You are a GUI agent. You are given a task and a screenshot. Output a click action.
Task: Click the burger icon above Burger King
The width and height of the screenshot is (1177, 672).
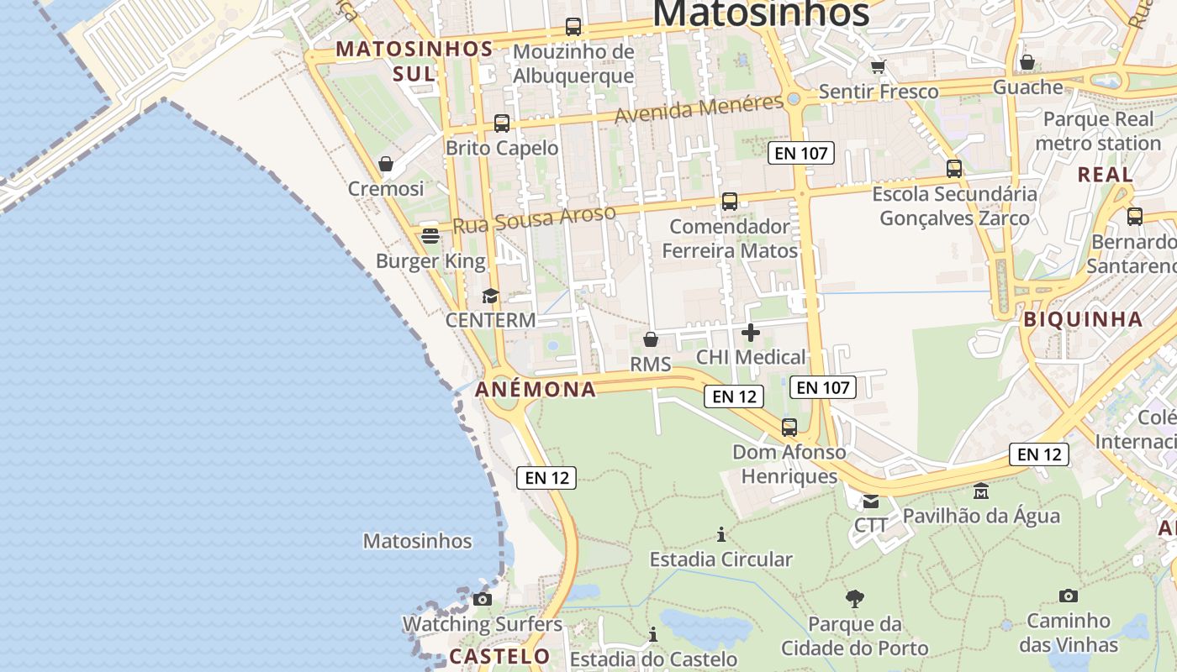(x=430, y=236)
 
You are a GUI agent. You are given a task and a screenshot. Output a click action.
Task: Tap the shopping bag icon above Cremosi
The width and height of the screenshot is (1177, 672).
(x=386, y=164)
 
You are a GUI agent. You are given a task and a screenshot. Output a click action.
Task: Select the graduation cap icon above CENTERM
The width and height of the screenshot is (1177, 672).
(x=490, y=296)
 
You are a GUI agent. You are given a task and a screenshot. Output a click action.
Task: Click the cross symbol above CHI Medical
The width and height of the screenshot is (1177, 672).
(x=751, y=333)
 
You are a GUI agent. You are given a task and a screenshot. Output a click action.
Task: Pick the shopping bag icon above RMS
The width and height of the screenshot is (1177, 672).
(x=650, y=339)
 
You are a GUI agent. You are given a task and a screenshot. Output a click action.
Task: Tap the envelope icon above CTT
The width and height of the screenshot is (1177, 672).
(x=871, y=501)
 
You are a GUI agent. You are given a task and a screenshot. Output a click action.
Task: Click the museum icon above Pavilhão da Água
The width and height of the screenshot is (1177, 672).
(x=981, y=491)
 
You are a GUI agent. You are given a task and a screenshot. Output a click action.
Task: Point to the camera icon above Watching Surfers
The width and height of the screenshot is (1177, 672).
(x=482, y=599)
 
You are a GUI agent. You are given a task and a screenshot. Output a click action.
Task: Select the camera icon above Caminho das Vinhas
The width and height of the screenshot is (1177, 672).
(x=1069, y=596)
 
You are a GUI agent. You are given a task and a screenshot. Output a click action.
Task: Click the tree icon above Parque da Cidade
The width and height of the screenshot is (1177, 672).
(x=855, y=599)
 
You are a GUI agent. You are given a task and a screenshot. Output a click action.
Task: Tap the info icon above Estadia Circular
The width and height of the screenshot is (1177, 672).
(x=720, y=534)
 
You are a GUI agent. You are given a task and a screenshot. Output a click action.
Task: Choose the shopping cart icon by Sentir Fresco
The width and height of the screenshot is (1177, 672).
(x=878, y=66)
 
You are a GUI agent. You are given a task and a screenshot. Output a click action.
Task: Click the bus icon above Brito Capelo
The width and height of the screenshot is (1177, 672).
(x=502, y=123)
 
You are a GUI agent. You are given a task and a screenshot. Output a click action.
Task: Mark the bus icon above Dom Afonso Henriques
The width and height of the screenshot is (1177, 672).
(x=789, y=428)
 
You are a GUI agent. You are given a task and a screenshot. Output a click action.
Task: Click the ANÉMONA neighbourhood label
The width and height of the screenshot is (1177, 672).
(x=536, y=390)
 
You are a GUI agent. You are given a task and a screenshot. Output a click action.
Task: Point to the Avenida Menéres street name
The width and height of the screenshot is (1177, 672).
(x=699, y=109)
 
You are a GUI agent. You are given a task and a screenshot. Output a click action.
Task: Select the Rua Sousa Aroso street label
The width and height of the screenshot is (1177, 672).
(x=535, y=220)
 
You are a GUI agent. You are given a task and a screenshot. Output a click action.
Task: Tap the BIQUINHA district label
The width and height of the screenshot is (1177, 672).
(x=1083, y=319)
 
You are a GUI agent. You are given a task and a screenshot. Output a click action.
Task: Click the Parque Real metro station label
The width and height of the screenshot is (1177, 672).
(x=1098, y=131)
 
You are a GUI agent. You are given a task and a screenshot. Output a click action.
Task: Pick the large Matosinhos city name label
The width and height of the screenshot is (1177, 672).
(x=761, y=13)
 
